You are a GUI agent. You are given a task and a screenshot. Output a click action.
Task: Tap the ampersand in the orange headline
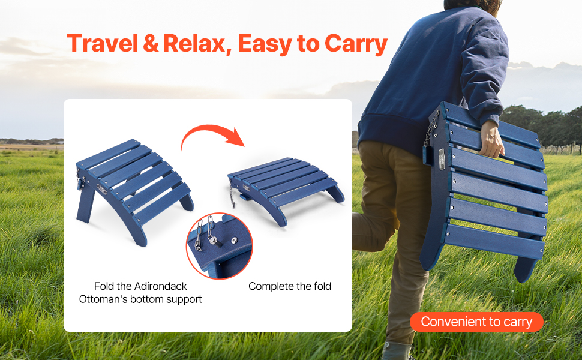click(151, 43)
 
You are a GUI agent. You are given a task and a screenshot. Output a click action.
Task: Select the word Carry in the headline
click(356, 44)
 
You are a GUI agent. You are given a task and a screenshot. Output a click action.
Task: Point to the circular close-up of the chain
click(220, 245)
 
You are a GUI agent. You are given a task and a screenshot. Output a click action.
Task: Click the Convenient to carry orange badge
click(476, 322)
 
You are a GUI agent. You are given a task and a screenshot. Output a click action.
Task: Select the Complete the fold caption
click(290, 286)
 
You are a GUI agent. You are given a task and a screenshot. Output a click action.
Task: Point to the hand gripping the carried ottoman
click(491, 139)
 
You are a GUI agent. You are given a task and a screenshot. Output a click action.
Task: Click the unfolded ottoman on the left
click(134, 191)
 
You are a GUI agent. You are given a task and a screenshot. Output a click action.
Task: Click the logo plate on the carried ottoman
click(442, 160)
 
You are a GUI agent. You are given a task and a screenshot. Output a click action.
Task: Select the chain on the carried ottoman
click(431, 128)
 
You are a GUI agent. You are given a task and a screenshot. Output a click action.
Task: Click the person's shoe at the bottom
click(398, 351)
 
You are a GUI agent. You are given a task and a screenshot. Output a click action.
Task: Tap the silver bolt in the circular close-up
click(234, 241)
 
